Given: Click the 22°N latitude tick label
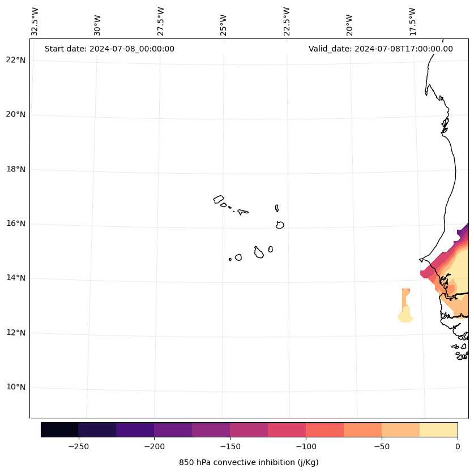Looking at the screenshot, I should pos(15,61).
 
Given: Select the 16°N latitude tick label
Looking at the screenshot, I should pos(15,224).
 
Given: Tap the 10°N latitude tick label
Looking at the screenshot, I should pos(15,388).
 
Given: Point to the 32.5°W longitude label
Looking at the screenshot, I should pos(35,21).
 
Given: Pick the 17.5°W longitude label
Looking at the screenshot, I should pos(412,21).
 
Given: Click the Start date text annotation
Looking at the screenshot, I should pos(109,49).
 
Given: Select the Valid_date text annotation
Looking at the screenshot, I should pos(381,49).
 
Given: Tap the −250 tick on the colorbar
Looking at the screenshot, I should pos(78,446).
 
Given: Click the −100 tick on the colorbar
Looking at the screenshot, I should pos(306,446).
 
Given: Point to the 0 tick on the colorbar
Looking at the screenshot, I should pos(457,446).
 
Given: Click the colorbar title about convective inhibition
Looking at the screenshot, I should pos(249,462).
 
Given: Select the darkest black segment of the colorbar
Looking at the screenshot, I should pos(59,429).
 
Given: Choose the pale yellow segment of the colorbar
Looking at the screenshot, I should pos(438,429).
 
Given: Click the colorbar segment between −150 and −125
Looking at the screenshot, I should pos(249,429).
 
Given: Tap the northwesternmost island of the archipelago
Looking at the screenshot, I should pos(219,199).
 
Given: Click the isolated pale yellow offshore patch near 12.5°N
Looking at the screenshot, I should pos(405,317).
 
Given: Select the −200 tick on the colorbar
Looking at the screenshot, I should pos(154,446).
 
